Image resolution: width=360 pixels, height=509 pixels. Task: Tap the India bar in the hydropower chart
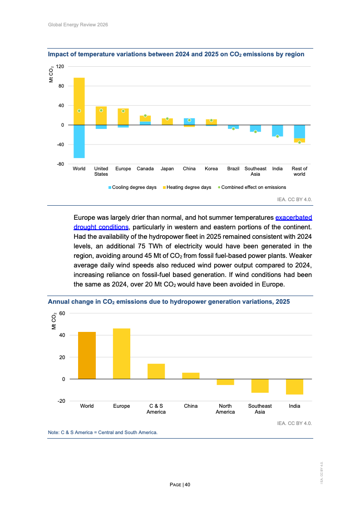coord(294,386)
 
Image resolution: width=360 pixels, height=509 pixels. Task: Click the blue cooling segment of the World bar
coord(79,141)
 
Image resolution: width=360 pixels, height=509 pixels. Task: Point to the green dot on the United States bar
coord(101,110)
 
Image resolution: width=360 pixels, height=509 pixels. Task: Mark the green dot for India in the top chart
coord(277,136)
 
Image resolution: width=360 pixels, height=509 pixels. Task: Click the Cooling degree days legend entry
coord(132,187)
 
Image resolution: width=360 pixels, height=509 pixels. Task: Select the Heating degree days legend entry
coord(187,187)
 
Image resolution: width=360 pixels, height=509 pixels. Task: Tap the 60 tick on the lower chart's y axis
coord(62,313)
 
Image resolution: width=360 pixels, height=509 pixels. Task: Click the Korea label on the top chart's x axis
coord(211,169)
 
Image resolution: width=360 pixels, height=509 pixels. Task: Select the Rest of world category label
coord(299,171)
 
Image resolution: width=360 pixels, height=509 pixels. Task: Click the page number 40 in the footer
coord(187,484)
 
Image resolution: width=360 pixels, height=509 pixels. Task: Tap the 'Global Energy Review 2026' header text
coord(78,25)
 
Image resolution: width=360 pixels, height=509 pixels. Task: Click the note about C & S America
coord(103,432)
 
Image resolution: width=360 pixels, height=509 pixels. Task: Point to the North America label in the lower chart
coord(225,409)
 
